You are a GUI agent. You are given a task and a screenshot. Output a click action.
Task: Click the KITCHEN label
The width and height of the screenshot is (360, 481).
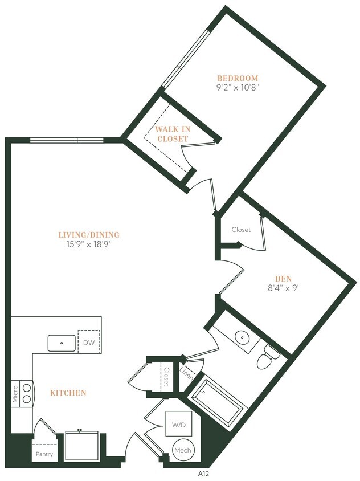point(68,393)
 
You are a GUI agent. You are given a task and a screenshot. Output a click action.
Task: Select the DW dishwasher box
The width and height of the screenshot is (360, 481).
point(89,343)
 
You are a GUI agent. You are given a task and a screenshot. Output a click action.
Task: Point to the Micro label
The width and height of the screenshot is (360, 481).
point(15,393)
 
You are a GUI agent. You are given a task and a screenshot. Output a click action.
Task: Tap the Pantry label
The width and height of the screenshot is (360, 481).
point(44,454)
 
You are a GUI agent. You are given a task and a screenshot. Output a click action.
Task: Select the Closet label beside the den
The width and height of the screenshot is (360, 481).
point(241,230)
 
